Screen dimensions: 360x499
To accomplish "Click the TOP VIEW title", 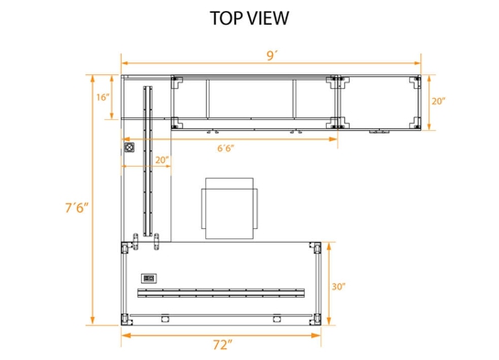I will point(249,17).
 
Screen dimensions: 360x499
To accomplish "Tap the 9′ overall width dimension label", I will point(272,55).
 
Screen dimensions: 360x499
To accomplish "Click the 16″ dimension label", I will point(102,96).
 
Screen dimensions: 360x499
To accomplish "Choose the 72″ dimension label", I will point(222,345).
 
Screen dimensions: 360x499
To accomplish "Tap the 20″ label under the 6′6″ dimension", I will point(161,159).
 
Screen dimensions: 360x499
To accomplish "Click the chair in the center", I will point(229,208).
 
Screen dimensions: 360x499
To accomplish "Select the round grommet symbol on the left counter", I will point(129,147).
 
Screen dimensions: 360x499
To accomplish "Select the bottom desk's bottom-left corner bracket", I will point(126,320).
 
